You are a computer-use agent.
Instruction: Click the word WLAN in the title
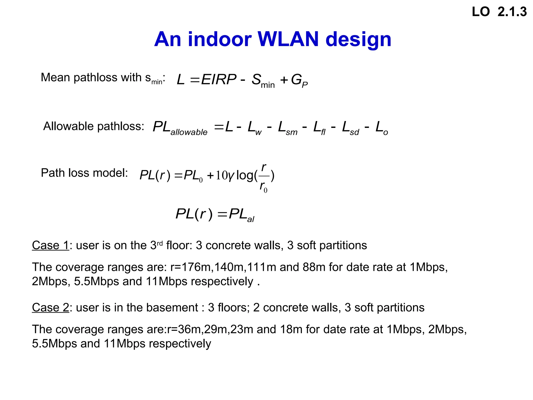pos(288,39)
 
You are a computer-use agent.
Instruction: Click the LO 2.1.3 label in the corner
pos(499,12)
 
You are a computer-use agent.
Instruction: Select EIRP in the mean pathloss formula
pos(219,79)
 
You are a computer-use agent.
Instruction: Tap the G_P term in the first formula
pos(299,80)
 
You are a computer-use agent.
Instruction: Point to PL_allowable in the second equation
pos(180,128)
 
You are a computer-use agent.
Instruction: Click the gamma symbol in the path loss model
pos(231,176)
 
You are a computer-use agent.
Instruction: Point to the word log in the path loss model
pos(245,175)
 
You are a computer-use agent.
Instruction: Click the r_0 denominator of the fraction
pos(263,187)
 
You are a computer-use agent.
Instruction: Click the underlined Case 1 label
pos(50,245)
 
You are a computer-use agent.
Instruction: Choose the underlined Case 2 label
pos(50,308)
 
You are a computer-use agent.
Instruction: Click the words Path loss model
pos(84,173)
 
